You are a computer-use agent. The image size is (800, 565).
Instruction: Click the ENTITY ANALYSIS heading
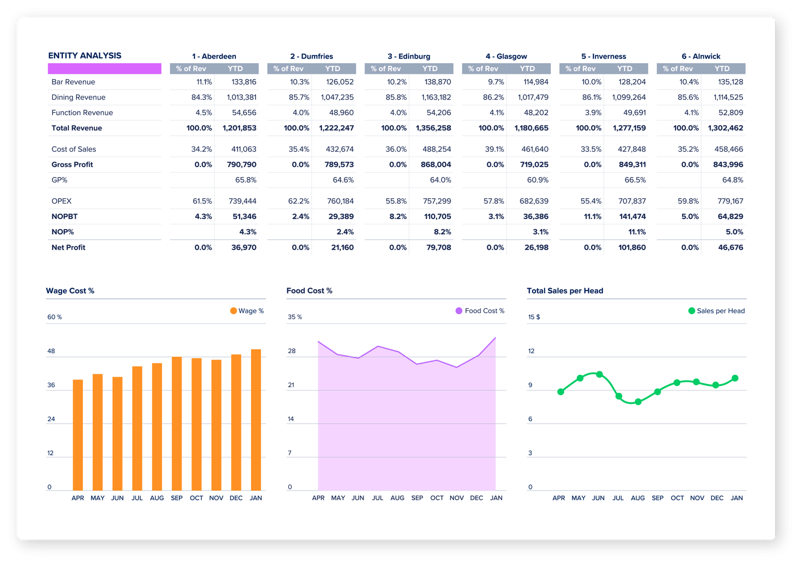[84, 56]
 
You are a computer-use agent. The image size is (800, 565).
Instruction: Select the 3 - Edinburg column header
[408, 57]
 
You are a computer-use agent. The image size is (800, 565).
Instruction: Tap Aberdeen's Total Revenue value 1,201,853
[239, 128]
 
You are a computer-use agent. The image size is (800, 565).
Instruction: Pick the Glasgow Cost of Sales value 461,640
[535, 149]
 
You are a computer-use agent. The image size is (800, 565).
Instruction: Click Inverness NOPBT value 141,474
[632, 217]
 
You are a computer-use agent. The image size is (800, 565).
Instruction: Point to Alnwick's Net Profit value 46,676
[730, 247]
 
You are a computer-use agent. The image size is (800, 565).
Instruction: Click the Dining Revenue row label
[78, 98]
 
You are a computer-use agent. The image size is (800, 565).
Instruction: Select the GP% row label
[59, 180]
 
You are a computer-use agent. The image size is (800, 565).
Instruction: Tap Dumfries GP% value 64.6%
[343, 180]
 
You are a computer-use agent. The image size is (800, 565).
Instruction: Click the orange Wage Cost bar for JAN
[256, 420]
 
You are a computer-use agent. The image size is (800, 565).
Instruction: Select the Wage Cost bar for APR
[78, 435]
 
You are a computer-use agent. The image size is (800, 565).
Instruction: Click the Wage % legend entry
[247, 311]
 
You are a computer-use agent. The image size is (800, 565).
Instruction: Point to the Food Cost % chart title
[309, 291]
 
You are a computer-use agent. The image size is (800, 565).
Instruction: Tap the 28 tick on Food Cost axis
[291, 351]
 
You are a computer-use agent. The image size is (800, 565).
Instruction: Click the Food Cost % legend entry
[480, 311]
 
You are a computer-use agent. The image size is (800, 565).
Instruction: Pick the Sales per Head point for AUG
[638, 402]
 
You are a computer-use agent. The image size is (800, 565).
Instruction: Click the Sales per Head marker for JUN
[599, 374]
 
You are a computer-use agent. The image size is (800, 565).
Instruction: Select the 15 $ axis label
[534, 317]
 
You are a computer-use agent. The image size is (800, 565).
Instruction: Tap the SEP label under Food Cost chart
[417, 498]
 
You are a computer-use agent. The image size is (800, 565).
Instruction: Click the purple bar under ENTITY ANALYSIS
[104, 69]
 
